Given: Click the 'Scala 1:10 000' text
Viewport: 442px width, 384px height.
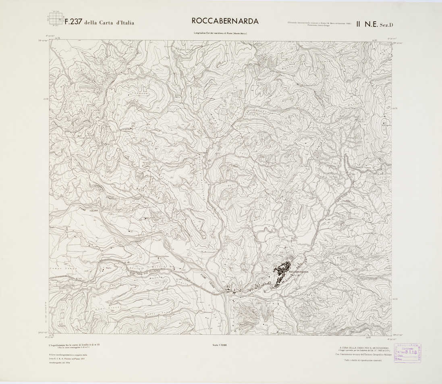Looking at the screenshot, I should [x=219, y=345].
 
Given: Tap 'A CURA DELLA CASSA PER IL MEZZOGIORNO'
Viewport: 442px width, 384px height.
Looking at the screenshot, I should [x=364, y=347].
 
